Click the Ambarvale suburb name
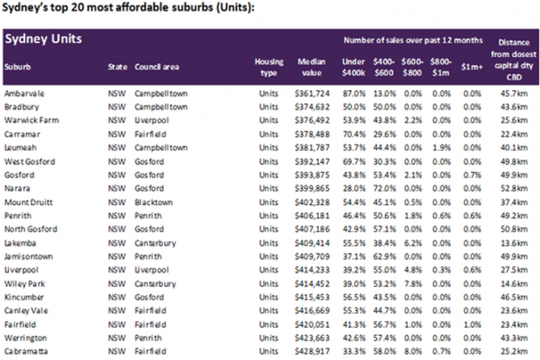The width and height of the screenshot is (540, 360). tap(24, 94)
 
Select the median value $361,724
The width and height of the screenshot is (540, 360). tap(312, 94)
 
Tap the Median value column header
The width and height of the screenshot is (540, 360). tap(311, 67)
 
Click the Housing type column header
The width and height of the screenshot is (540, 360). tap(269, 67)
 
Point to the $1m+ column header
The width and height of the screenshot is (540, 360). tap(472, 67)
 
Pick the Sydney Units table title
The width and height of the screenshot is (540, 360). tap(43, 39)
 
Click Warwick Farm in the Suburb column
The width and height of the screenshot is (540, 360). tap(31, 121)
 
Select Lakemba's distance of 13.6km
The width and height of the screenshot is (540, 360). tap(513, 243)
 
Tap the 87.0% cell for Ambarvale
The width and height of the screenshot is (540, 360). tap(354, 94)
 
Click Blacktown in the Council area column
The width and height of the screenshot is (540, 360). tap(153, 203)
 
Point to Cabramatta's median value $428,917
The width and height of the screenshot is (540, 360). tap(312, 352)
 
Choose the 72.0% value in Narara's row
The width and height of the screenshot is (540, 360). tap(384, 189)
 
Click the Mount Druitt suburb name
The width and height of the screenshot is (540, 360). tap(28, 203)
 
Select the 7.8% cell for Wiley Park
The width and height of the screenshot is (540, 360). tap(412, 284)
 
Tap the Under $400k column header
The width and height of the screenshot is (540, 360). tap(354, 67)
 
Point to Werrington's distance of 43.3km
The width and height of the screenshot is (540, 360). tap(513, 338)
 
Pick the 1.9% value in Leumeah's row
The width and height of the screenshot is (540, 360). tap(441, 148)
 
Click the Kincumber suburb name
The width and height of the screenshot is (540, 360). tap(24, 297)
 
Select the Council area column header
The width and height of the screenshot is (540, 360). tap(157, 67)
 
